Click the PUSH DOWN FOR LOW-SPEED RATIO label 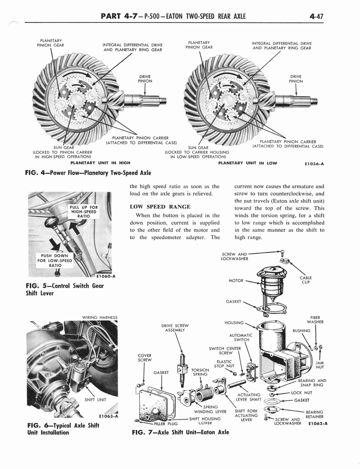point(54,260)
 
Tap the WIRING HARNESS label point(99,317)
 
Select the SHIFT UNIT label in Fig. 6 point(95,399)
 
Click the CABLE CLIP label point(306,280)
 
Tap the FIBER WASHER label point(315,320)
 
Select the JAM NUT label point(320,365)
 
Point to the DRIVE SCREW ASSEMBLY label point(175,327)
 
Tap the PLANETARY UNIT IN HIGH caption point(100,163)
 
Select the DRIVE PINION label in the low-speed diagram point(296,79)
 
